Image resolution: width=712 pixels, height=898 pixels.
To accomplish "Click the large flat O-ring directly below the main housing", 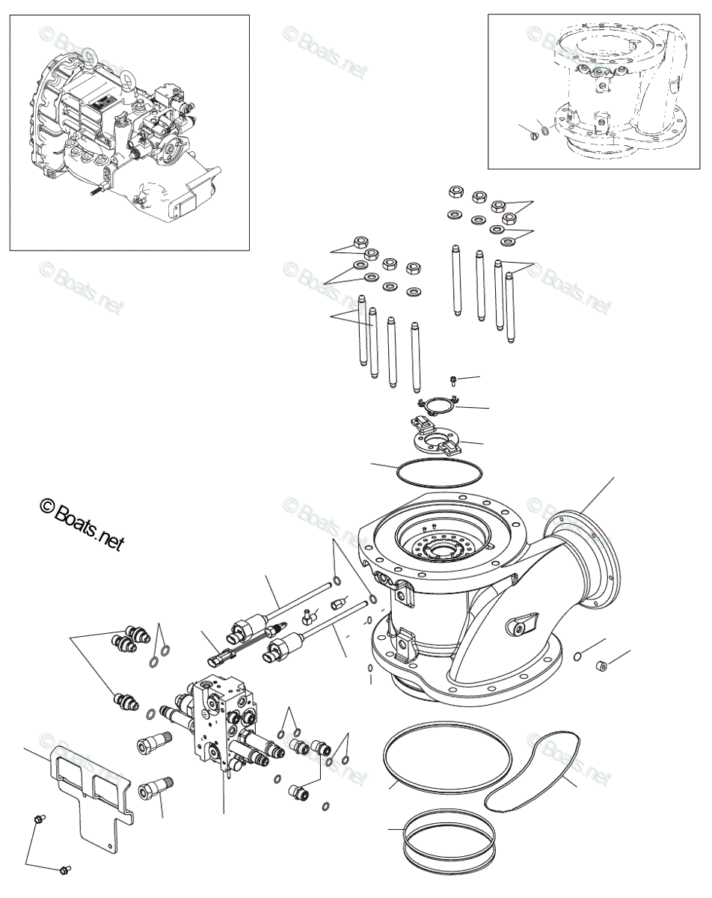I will [x=447, y=757].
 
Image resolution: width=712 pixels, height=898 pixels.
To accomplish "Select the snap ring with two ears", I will [x=438, y=406].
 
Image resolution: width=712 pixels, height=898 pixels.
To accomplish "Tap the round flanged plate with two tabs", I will [x=438, y=438].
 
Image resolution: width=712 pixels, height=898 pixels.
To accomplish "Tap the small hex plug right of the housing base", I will [x=601, y=664].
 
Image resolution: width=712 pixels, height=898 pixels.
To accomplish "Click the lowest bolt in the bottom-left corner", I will [x=65, y=870].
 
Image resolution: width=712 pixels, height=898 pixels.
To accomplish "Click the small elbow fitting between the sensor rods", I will [x=307, y=617].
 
